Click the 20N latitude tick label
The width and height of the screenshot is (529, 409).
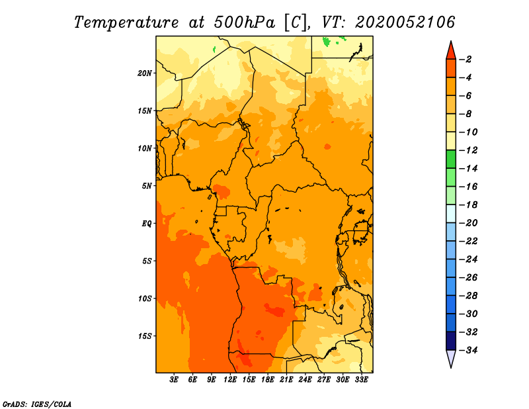coord(145,73)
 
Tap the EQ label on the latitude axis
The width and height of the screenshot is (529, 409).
coord(147,224)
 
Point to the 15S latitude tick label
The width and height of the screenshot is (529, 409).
coord(145,336)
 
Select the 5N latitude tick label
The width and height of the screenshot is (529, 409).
coord(147,186)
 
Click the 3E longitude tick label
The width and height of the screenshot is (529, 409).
coord(174,380)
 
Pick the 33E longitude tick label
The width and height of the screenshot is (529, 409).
coord(361,380)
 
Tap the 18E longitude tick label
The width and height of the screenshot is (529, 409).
coord(268,380)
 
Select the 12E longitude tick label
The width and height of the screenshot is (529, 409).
coord(230,380)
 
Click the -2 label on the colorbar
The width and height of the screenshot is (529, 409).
coord(466,60)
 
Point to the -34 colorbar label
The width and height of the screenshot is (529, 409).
coord(468,350)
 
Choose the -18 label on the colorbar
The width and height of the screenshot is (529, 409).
coord(468,204)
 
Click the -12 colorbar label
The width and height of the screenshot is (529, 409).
coord(468,150)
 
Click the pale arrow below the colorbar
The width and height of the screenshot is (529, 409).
coord(451,358)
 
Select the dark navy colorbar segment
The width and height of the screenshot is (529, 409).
coord(451,341)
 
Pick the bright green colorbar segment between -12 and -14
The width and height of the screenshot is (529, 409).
coord(451,159)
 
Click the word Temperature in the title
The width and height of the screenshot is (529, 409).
coord(126,23)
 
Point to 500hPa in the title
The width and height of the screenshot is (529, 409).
coord(245,23)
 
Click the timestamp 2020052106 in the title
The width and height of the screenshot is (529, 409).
coord(405,23)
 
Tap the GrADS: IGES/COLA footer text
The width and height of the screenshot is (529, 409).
coord(37,404)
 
